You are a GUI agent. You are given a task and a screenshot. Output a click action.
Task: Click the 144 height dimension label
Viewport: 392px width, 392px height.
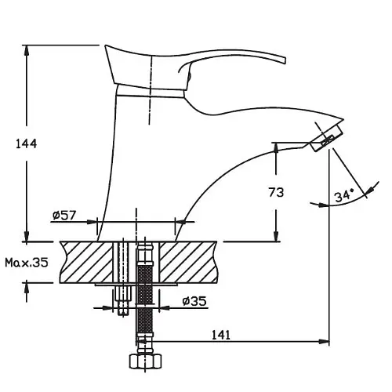tap(27, 144)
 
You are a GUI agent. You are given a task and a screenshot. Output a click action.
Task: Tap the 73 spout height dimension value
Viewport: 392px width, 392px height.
tap(276, 193)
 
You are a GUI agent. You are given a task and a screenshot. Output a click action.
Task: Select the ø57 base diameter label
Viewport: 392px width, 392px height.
tap(64, 215)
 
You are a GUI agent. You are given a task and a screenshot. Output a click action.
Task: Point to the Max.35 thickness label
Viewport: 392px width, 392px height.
tap(27, 263)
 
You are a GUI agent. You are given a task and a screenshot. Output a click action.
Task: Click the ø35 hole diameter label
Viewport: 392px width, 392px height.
tap(194, 301)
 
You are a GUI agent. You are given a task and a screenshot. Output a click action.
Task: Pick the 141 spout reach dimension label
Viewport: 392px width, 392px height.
tap(221, 335)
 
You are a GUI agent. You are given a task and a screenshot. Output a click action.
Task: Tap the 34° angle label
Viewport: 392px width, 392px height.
tap(344, 195)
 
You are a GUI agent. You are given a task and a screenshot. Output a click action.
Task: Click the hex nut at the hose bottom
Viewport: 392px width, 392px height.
tap(145, 361)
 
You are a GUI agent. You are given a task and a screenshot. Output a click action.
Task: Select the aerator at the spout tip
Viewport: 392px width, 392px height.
tap(327, 138)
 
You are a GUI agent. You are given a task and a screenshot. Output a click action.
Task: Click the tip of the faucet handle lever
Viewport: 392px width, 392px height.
tap(285, 60)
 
